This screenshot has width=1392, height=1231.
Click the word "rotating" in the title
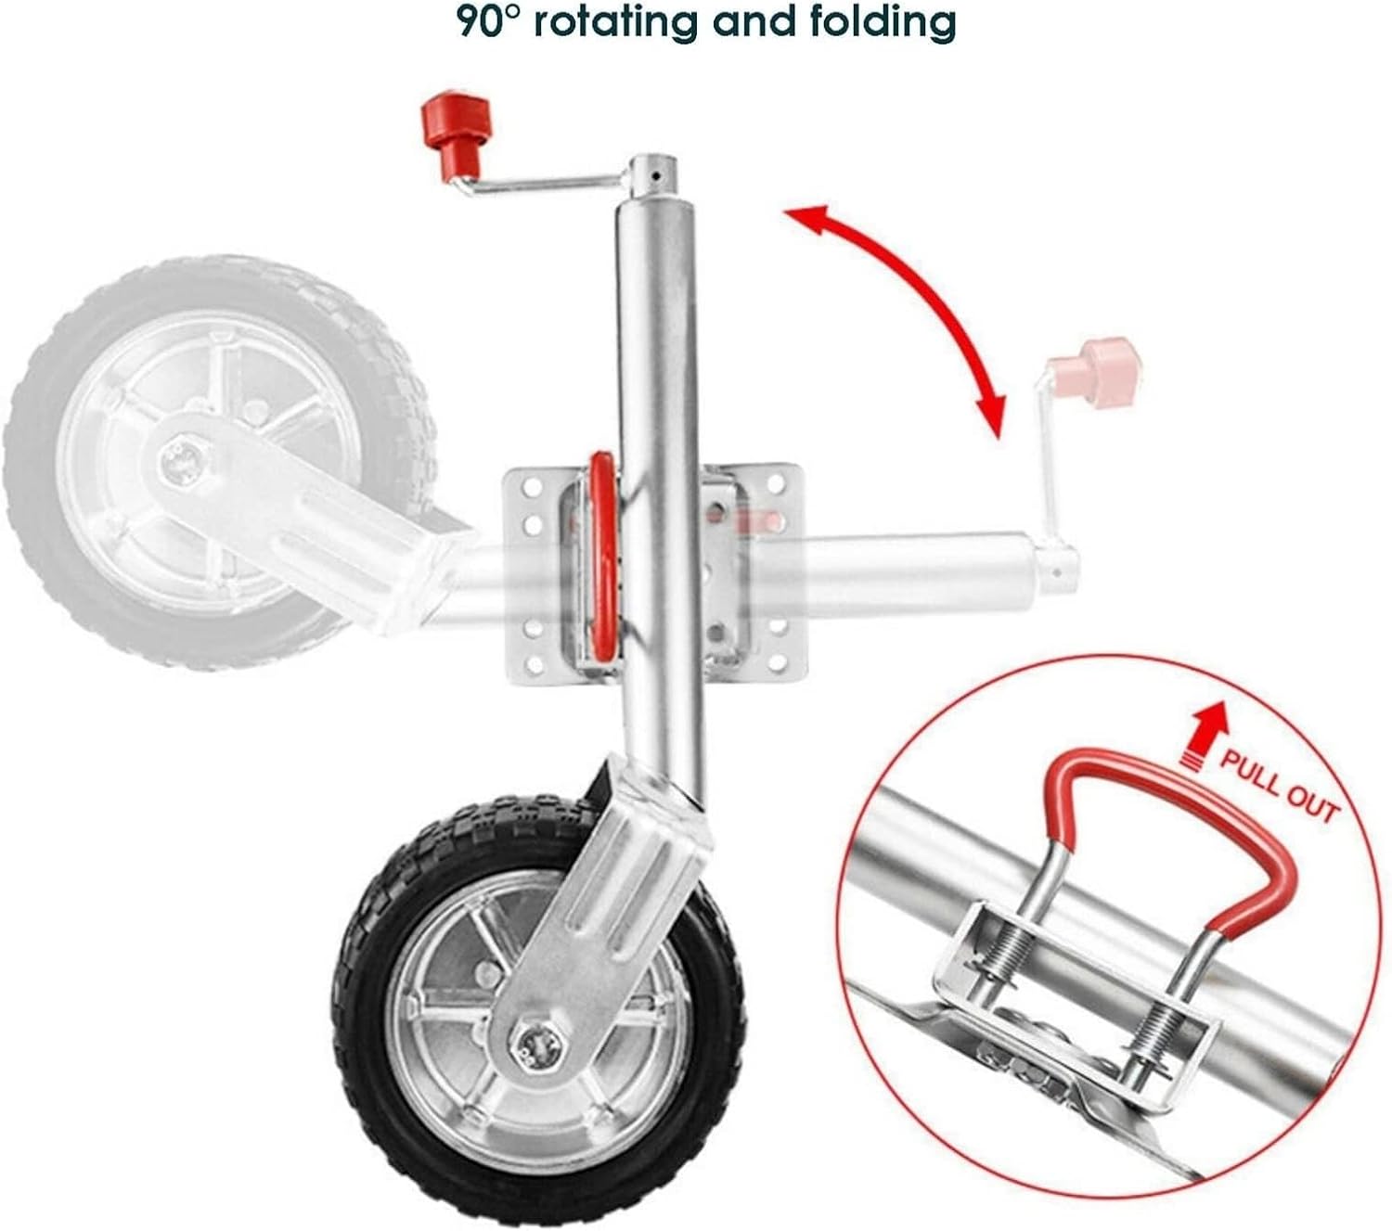pyautogui.click(x=619, y=21)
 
